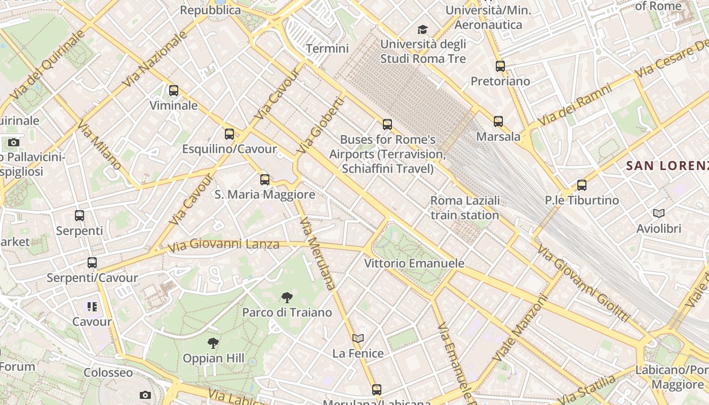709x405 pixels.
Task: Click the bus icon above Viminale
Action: (174, 91)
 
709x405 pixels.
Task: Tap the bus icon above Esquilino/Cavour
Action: (229, 134)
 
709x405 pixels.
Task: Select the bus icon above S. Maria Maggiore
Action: (265, 180)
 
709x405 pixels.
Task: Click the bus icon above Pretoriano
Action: (500, 66)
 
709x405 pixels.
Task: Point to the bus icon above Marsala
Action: (498, 121)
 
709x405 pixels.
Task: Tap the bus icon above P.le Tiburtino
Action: (582, 185)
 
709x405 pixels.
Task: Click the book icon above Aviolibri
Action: (659, 214)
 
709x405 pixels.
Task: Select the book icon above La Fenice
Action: (358, 338)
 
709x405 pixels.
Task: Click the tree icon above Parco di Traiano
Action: (287, 297)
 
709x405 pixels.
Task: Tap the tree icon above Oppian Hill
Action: (213, 343)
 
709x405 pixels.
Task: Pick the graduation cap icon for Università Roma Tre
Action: (422, 30)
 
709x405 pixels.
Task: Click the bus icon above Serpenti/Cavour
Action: (92, 263)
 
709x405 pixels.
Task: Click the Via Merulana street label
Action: (318, 253)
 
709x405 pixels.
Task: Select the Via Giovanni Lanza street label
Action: (223, 245)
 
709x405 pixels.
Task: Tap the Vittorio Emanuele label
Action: (414, 263)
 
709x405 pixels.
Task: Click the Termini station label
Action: (328, 49)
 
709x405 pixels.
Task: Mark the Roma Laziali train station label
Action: (465, 208)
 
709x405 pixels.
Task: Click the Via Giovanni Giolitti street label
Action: (584, 283)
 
